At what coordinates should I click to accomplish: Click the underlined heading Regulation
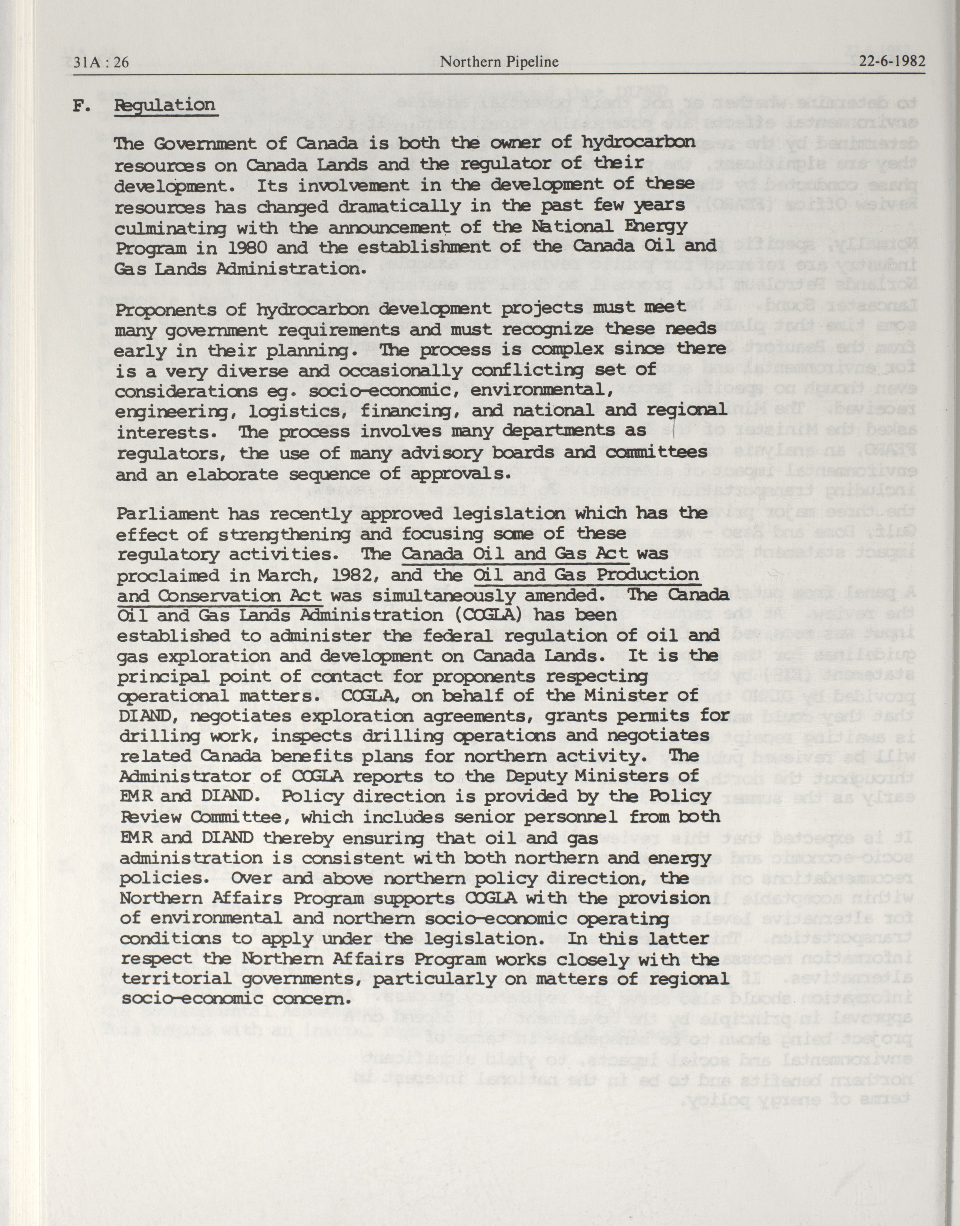[165, 106]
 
